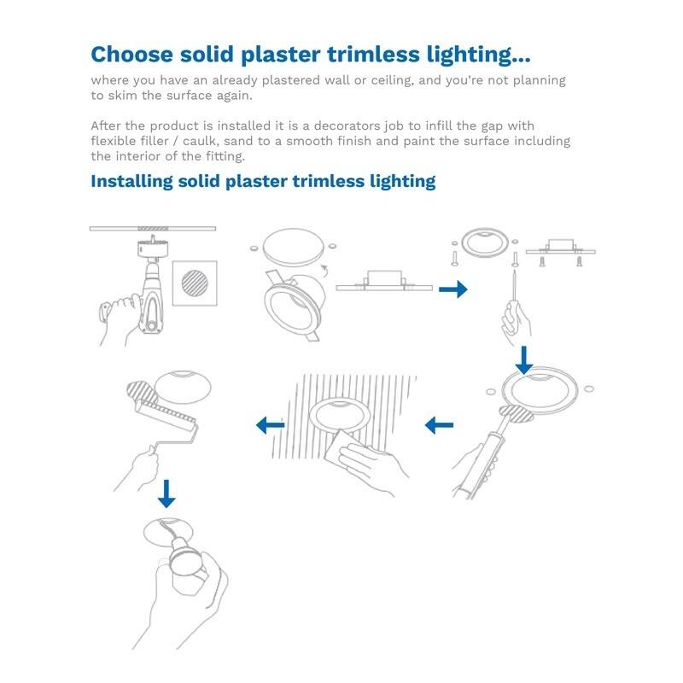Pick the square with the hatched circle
[197, 283]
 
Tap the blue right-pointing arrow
[452, 290]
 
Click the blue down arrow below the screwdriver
[523, 359]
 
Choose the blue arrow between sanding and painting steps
[271, 423]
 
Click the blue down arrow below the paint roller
[166, 493]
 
